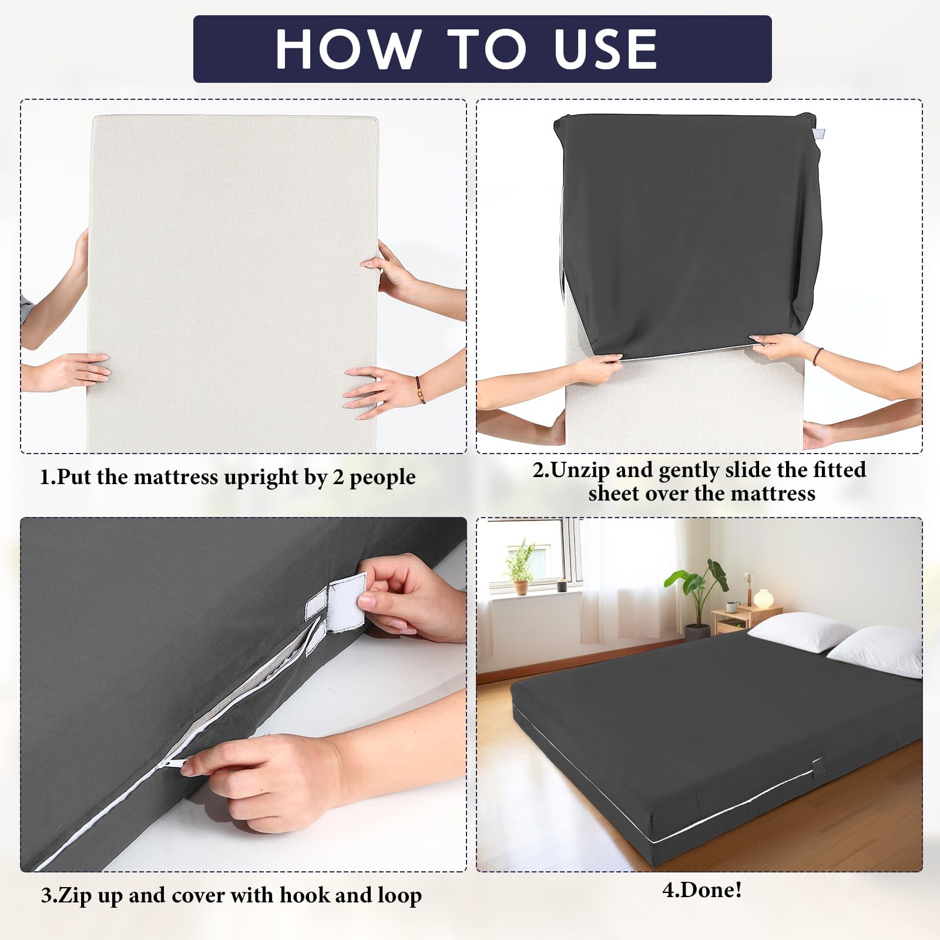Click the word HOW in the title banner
click(348, 49)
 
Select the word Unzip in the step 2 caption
click(581, 471)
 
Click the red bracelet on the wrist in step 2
click(817, 356)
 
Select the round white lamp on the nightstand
click(763, 599)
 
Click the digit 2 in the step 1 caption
click(338, 478)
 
